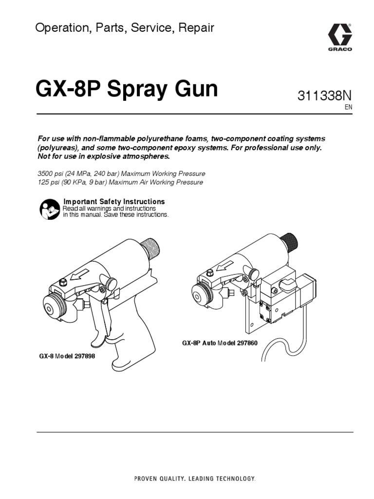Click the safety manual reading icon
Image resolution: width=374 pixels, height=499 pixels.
(49, 209)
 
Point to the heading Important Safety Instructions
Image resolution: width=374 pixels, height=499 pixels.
(114, 201)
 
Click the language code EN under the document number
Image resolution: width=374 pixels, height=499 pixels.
(348, 108)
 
